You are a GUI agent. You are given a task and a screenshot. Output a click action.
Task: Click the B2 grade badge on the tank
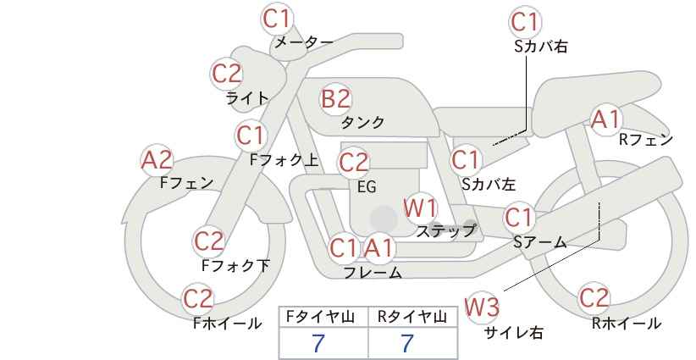335,98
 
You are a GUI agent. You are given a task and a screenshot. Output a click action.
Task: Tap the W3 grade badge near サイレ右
482,307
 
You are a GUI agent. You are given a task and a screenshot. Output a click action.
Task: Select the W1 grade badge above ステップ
420,208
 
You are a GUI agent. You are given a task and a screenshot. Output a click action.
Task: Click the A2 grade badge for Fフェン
157,160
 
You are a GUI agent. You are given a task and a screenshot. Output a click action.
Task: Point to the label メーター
304,42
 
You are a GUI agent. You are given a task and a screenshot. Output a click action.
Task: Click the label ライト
247,98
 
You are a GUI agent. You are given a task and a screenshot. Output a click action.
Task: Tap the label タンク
362,122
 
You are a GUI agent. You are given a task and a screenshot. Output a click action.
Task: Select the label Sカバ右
541,47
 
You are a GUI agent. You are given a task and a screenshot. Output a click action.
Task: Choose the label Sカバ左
489,184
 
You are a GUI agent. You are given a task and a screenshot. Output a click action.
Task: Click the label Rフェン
646,140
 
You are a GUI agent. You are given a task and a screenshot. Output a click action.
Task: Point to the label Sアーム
540,242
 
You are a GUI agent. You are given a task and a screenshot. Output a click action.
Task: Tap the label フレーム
373,273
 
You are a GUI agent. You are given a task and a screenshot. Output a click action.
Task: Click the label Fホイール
228,324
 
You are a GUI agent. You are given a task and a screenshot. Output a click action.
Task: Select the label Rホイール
627,324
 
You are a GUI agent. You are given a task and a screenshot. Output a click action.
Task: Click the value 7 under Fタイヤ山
318,343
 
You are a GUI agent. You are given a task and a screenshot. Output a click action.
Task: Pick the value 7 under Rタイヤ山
407,343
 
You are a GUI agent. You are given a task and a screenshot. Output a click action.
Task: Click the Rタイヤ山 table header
412,317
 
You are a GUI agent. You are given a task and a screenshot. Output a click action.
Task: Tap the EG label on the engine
367,187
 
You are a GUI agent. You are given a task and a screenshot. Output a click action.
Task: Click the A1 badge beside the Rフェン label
606,119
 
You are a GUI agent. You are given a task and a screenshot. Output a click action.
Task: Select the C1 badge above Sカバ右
525,22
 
